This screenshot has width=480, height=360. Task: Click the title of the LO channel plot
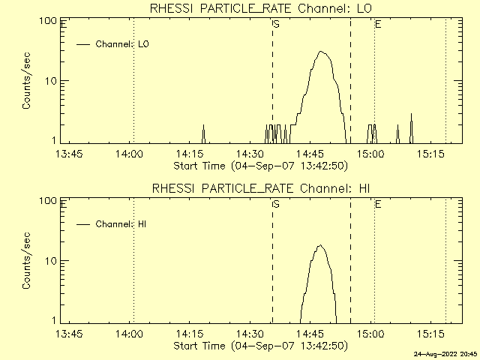tap(260, 8)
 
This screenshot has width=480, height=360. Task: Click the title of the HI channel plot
tap(260, 188)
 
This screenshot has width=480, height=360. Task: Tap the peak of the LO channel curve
tap(321, 52)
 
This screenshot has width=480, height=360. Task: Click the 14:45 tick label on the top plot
tap(310, 154)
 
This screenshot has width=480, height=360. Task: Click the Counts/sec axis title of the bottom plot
tap(27, 261)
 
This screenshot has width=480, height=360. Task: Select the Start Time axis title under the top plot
tap(259, 166)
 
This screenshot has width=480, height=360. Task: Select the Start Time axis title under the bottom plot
tap(259, 346)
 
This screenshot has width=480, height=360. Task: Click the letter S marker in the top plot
tap(276, 25)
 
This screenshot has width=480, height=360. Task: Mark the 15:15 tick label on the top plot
tap(431, 154)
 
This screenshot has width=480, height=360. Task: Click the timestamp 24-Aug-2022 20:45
tap(447, 353)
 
